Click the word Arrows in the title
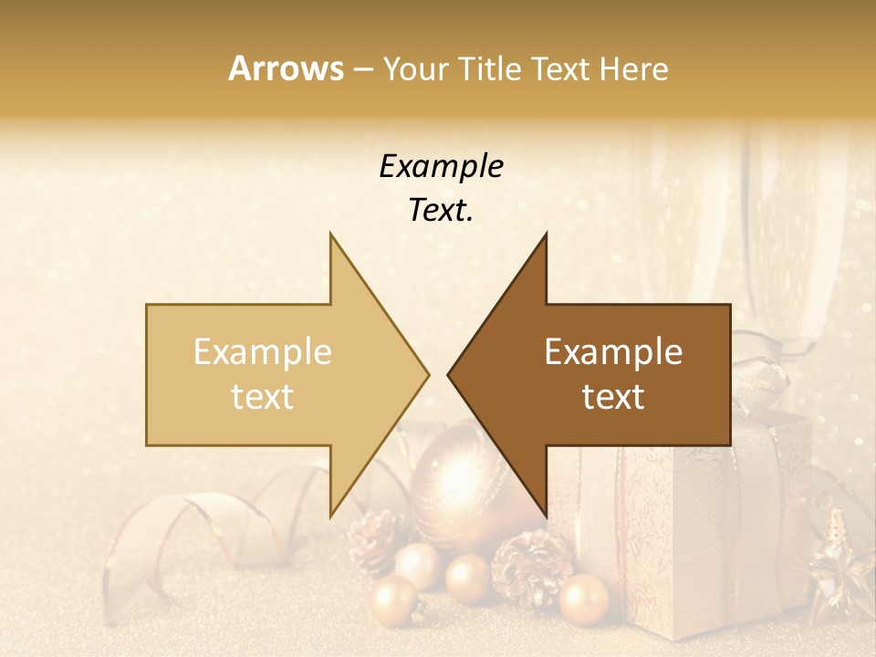tap(286, 68)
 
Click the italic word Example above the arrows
tap(441, 167)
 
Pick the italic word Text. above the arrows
tap(441, 211)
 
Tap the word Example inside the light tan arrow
tap(263, 352)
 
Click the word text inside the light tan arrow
tap(263, 397)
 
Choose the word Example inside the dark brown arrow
tap(613, 352)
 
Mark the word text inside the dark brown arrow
tap(613, 397)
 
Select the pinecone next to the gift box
tap(531, 566)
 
